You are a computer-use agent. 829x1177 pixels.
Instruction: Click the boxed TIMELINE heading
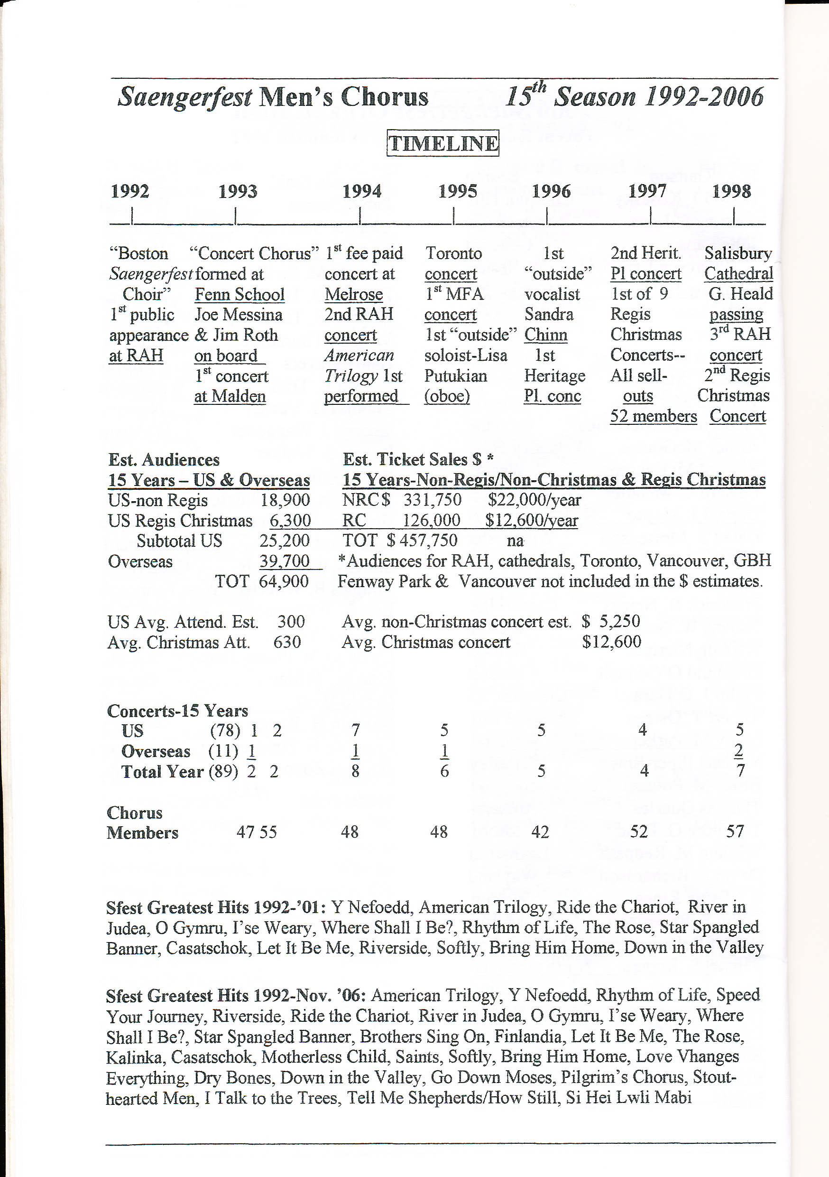pos(442,143)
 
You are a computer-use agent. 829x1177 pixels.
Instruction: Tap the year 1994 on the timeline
pos(362,191)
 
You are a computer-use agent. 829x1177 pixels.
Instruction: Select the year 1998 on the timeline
pos(731,191)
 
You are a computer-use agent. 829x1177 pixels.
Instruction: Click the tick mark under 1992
pos(132,215)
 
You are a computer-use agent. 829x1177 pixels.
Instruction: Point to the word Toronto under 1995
pos(453,253)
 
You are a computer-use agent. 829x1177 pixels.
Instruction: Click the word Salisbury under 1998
pos(738,253)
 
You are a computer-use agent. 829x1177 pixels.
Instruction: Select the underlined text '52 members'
pos(653,416)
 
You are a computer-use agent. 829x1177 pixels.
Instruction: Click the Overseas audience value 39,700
pos(285,561)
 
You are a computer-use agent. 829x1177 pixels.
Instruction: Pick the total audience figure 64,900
pos(283,581)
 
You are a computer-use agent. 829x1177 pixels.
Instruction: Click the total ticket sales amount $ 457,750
pos(422,540)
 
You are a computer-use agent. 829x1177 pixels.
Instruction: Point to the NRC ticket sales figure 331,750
pos(433,500)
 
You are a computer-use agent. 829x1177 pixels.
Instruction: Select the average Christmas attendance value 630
pos(287,642)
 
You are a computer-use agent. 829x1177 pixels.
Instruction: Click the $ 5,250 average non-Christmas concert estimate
pos(611,621)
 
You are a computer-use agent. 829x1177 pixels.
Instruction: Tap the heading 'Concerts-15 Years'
pos(177,711)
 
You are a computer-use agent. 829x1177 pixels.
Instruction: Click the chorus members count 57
pos(735,831)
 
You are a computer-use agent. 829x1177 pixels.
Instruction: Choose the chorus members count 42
pos(540,831)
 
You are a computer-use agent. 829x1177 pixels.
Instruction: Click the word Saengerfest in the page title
pos(185,97)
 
